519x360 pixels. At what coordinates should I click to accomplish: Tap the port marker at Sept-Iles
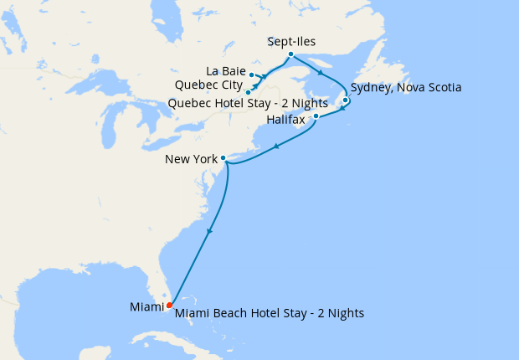coord(290,55)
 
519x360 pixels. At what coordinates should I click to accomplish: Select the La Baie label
coord(225,69)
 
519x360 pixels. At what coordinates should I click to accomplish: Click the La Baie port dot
coord(251,75)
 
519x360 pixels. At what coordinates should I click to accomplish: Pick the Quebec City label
coord(209,85)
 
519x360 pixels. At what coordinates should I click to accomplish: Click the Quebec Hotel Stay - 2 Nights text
coord(247,103)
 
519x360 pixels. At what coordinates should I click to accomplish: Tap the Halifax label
coord(286,120)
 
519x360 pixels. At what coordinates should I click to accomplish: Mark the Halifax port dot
coord(316,116)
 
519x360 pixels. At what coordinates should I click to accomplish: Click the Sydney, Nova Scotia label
coord(406,87)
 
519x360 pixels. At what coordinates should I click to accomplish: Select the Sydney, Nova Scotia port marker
coord(345,100)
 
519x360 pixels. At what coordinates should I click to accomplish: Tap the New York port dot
coord(223,157)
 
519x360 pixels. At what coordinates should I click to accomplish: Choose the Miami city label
coord(146,307)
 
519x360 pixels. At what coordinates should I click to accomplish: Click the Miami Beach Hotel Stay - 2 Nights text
coord(270,313)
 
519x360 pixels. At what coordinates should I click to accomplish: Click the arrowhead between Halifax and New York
coord(275,147)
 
